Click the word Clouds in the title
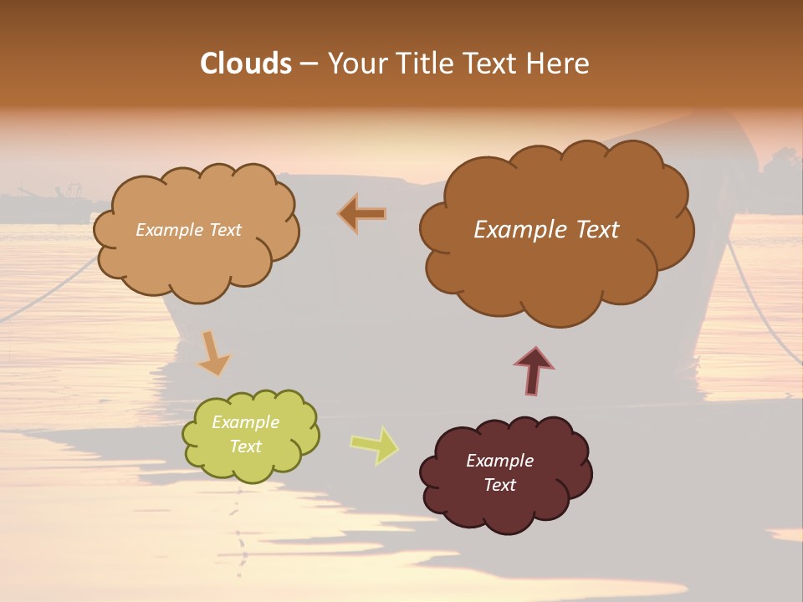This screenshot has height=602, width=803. click(245, 64)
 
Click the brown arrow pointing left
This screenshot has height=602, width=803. click(363, 214)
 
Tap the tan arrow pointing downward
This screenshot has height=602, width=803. click(213, 353)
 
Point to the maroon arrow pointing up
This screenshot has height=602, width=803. click(534, 370)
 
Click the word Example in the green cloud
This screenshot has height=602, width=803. click(245, 422)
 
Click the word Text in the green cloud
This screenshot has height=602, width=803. click(245, 446)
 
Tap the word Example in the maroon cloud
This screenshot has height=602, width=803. click(499, 461)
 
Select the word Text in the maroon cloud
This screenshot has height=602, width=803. click(499, 485)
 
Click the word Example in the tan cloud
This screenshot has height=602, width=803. click(170, 230)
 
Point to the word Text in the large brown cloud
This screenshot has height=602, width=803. click(591, 230)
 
